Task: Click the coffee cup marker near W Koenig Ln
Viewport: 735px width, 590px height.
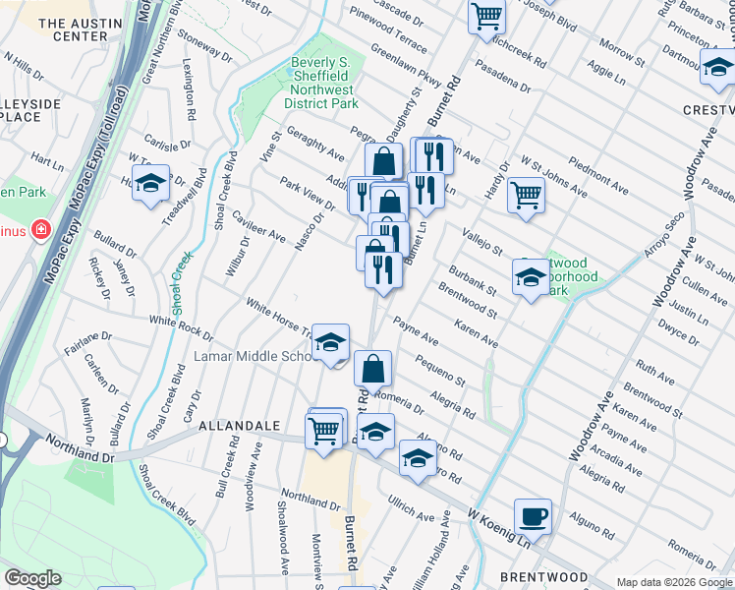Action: coord(533,516)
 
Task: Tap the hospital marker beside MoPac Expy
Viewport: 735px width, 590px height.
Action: coord(40,230)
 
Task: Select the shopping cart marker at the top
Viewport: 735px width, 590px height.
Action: coord(486,15)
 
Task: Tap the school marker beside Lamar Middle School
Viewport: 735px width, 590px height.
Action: coord(331,342)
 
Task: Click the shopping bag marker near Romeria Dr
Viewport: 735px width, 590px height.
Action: coord(373,369)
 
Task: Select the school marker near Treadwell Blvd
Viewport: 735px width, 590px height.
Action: coord(150,184)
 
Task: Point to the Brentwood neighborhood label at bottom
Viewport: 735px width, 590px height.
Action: coord(543,577)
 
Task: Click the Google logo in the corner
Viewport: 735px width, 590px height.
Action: coord(32,578)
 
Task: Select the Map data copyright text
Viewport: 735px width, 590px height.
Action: coord(674,582)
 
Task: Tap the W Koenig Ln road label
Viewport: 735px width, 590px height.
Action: coord(499,528)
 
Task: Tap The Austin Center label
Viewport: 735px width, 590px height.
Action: coord(73,29)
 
